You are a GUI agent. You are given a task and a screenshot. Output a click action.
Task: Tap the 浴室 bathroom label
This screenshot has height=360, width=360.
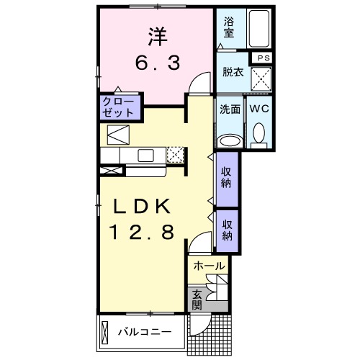pos(230,27)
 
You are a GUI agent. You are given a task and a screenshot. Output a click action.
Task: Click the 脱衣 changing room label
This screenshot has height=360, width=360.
pos(230,72)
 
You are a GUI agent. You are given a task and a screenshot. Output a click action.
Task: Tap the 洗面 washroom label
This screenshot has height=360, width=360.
pos(230,110)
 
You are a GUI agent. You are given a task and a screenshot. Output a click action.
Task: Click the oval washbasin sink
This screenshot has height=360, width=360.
pos(230,140)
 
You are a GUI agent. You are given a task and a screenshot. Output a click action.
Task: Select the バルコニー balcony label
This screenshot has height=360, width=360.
pos(145,333)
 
